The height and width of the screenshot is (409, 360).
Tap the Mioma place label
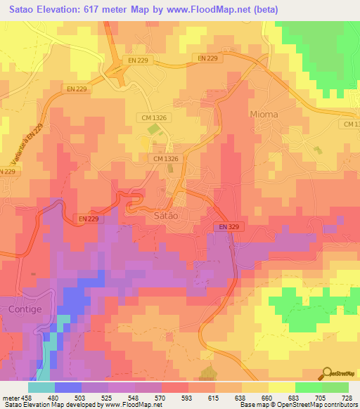tap(264, 114)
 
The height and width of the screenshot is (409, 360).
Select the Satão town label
tap(167, 216)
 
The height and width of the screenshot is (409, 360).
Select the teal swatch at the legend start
tap(41, 387)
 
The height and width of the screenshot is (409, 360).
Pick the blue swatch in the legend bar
tap(68, 387)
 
